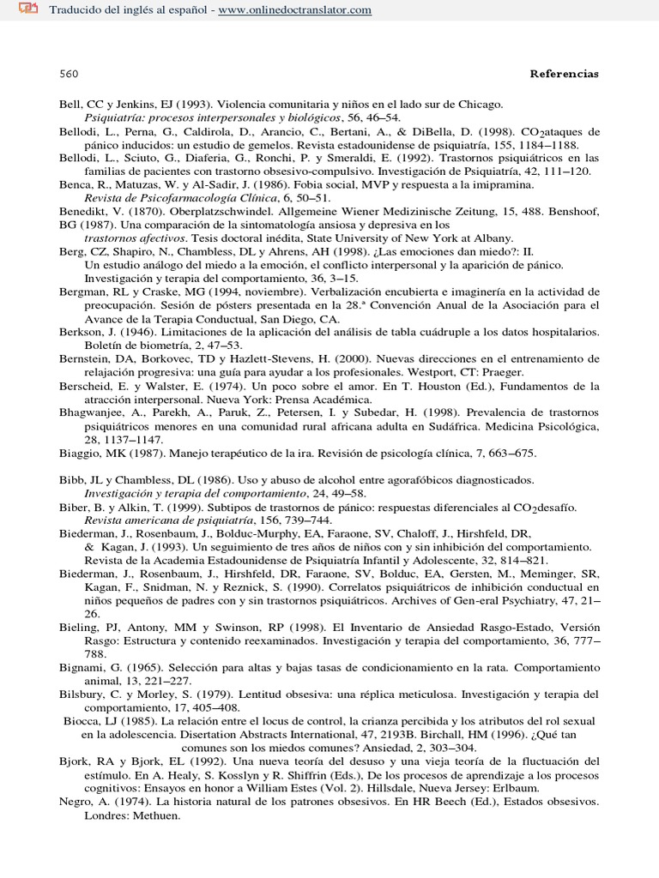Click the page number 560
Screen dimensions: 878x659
[x=69, y=74]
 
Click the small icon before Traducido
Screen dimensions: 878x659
[x=27, y=9]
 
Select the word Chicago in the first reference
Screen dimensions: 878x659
[x=481, y=104]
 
